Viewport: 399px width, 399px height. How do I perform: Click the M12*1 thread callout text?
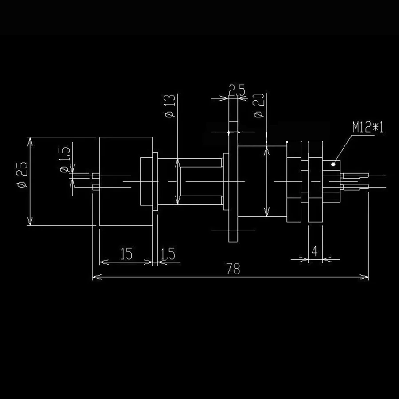[x=368, y=128]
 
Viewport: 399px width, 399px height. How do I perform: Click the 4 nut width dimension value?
[x=314, y=251]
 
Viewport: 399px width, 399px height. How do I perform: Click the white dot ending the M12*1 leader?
[x=333, y=164]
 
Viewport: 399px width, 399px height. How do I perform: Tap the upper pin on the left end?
[x=95, y=176]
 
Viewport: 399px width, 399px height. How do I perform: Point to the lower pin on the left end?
[x=95, y=188]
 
